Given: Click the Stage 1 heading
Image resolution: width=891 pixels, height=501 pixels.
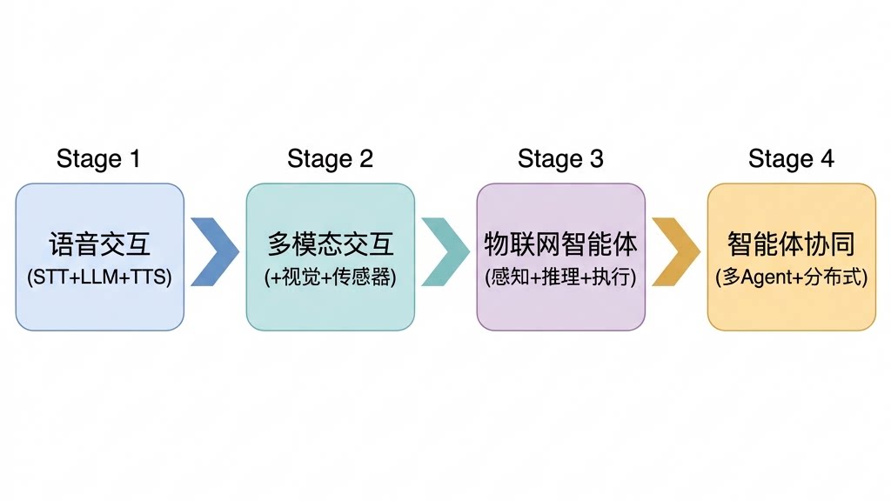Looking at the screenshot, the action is pos(98,158).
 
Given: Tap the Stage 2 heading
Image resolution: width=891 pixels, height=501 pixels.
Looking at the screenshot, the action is pos(330,158).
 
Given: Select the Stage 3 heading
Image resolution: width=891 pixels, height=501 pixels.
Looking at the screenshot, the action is pos(560,158).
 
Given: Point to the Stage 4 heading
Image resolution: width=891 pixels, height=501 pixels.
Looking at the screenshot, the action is pos(791,158).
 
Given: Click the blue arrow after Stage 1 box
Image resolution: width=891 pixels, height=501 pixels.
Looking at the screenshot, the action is pos(214,252).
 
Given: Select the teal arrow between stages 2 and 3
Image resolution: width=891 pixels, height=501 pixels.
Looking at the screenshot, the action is pos(445,252).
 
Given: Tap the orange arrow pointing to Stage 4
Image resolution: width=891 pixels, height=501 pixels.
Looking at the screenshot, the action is pos(675,252).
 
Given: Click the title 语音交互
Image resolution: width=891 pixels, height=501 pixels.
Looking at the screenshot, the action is pos(100,244).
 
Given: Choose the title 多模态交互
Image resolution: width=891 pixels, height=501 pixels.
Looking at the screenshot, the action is pos(331,244).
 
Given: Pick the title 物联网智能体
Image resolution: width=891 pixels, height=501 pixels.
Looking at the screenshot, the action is pos(561,244).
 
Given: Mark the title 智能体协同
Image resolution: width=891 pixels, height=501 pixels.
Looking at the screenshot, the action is pos(791,244).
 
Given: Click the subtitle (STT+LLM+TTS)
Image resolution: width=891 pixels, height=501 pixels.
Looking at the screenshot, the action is pos(100,278).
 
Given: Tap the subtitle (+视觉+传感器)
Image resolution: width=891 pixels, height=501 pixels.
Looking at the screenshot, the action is pos(331,278).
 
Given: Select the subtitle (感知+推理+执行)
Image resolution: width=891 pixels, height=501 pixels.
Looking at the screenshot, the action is pos(561,278).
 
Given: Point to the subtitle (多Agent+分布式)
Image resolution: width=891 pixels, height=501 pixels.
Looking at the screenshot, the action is pos(791,278).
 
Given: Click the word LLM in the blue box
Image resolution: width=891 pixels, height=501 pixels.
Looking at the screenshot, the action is pos(100,278).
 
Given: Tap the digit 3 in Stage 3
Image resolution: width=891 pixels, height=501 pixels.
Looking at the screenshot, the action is pos(596,158).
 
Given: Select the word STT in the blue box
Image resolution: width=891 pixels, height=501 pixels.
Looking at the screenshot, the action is pos(50,278).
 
